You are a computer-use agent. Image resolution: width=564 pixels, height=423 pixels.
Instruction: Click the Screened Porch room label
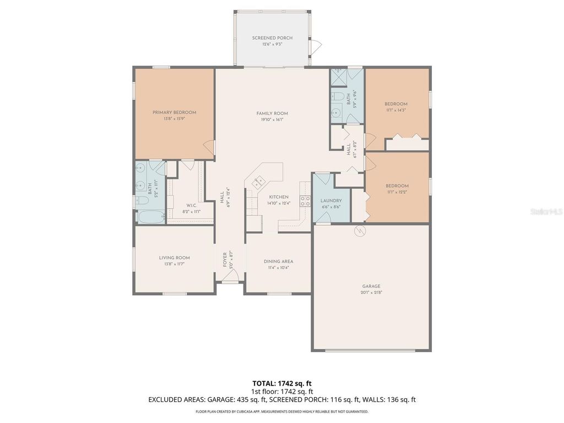click(272, 38)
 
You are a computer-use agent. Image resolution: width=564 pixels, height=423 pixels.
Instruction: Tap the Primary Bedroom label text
click(174, 112)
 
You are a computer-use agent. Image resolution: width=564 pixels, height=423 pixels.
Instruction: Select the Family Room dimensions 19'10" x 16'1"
click(272, 119)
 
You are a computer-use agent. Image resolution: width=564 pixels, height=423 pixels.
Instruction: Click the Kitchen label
click(279, 197)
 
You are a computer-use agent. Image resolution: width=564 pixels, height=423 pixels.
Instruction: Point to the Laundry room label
click(330, 201)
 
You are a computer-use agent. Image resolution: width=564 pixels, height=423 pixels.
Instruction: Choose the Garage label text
click(371, 286)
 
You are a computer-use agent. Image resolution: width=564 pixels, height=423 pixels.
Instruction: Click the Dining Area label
click(279, 262)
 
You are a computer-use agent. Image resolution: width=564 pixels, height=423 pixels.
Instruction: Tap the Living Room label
click(174, 258)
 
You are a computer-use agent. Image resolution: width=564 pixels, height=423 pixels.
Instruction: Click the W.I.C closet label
click(191, 205)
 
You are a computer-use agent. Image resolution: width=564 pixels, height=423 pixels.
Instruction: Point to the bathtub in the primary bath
click(149, 216)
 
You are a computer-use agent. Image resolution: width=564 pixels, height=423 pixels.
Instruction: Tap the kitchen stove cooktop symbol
click(304, 201)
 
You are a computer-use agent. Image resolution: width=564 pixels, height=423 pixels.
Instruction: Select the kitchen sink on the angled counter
click(258, 182)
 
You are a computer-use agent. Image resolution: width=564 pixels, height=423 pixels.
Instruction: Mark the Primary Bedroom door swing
click(209, 146)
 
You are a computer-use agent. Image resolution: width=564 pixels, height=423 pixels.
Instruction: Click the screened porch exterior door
click(316, 47)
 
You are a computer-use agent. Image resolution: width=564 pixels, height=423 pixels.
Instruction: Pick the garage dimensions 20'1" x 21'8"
click(371, 292)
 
